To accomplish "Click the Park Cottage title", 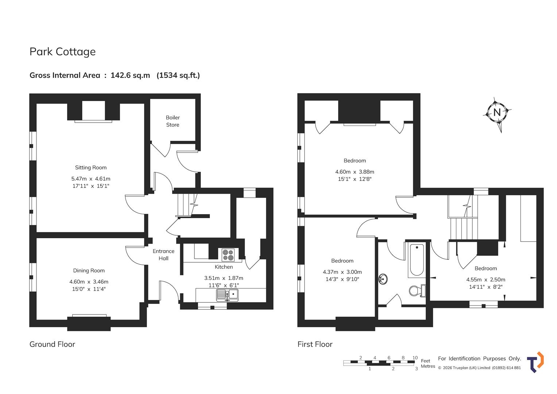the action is click(62, 52).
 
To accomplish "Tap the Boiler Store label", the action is click(173, 121).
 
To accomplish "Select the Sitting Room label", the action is click(91, 168).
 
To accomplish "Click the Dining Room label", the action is click(89, 271).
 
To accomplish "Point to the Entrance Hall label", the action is click(163, 255).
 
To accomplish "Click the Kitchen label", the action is click(224, 267).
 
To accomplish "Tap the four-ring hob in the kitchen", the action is click(228, 255).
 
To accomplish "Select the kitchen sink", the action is click(227, 295).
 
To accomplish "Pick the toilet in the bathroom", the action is click(417, 290).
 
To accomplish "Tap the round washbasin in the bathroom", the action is click(383, 279).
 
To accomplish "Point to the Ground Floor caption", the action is click(52, 344).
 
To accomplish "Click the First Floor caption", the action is click(315, 344).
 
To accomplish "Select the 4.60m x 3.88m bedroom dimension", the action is click(355, 172).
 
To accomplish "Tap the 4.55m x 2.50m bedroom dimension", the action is click(486, 279).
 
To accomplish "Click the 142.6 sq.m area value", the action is click(130, 76).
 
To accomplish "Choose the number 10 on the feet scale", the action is click(415, 358).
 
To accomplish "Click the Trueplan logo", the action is click(535, 362).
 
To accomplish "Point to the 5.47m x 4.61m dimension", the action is click(91, 179).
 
